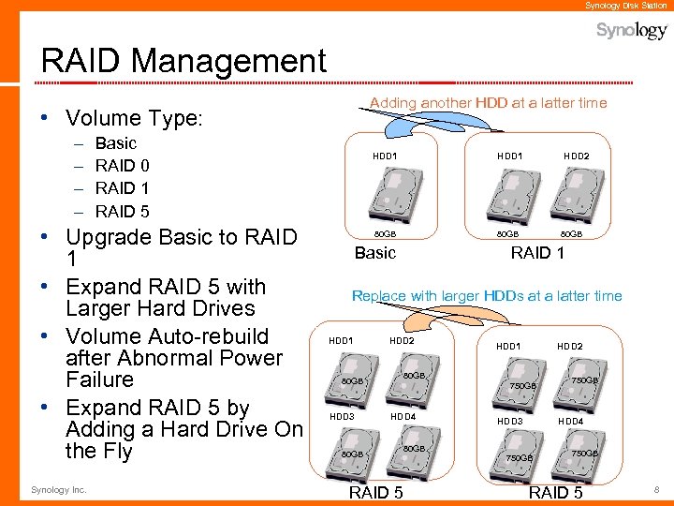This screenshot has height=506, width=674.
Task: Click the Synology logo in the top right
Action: [x=632, y=31]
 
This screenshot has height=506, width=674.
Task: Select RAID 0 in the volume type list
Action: [x=123, y=166]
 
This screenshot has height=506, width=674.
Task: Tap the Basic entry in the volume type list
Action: [x=116, y=143]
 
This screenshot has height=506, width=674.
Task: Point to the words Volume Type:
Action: [x=134, y=119]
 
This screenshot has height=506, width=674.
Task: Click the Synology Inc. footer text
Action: [x=58, y=489]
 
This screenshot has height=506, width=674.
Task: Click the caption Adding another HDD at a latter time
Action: [x=488, y=103]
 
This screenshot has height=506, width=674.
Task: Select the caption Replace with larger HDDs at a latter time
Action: [x=487, y=296]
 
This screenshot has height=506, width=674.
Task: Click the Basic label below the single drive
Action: [x=375, y=253]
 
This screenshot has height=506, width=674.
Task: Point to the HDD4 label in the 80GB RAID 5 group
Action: [x=402, y=416]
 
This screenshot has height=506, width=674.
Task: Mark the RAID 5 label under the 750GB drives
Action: [x=555, y=493]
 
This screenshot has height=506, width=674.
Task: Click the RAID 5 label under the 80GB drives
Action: [x=375, y=493]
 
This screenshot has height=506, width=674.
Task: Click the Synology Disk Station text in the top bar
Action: [x=626, y=6]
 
